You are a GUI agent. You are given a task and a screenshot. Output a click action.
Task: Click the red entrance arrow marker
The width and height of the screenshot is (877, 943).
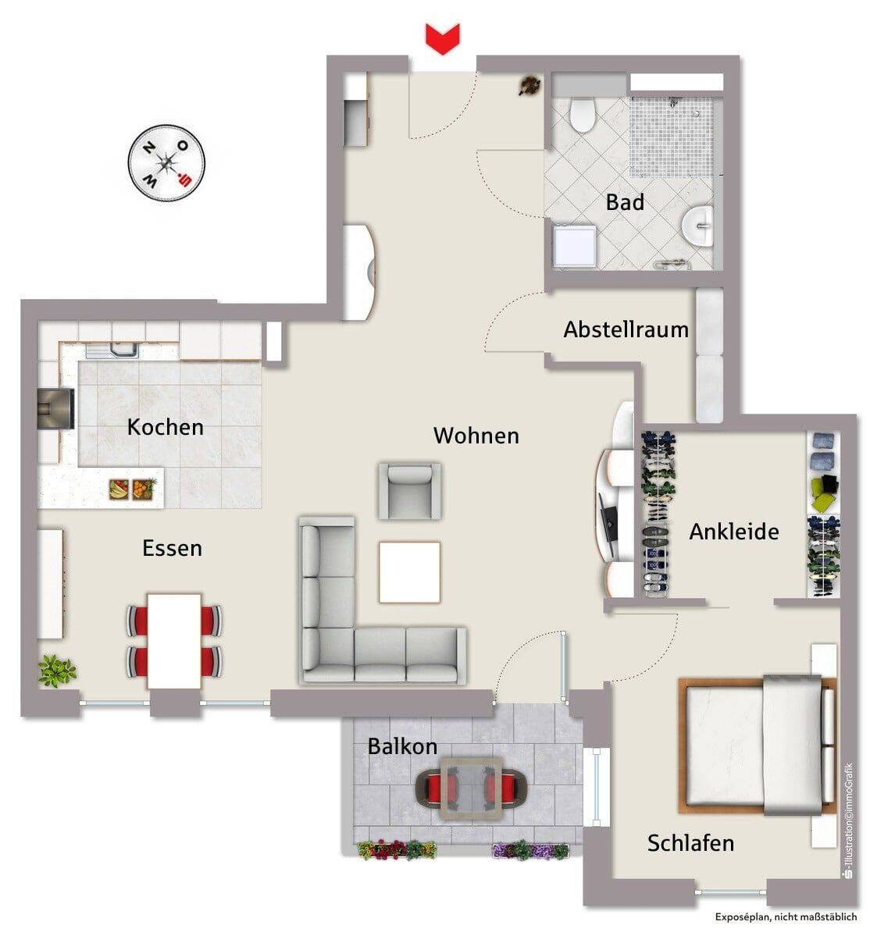(442, 38)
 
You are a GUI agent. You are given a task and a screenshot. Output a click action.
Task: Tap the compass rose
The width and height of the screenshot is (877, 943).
(167, 163)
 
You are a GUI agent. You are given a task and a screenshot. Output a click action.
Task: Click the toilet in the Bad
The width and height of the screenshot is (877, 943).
(583, 115)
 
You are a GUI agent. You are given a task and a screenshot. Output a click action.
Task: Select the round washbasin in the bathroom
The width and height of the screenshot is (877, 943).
(698, 226)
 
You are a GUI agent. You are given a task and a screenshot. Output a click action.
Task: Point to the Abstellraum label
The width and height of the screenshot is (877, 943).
(626, 329)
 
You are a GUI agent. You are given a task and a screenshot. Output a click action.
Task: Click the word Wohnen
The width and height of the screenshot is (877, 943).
(476, 436)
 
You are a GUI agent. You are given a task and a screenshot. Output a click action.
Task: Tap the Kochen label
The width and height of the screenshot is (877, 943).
(166, 427)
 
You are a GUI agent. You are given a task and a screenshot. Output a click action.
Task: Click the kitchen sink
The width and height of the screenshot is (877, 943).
(113, 351)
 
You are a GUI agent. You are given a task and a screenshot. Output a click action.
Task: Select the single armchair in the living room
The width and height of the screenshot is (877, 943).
(409, 491)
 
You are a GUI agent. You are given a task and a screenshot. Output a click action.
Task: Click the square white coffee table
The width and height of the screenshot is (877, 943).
(409, 571)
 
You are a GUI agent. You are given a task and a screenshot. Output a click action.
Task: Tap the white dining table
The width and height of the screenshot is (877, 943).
(174, 641)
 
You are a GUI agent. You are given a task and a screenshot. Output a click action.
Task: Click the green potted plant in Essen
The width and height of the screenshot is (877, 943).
(57, 671)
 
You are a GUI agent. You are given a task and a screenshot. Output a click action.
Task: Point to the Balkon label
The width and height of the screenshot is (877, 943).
(402, 747)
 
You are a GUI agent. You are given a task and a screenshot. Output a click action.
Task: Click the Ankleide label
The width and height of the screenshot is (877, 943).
(734, 532)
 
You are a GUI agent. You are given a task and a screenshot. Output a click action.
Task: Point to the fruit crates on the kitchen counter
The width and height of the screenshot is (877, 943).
(133, 489)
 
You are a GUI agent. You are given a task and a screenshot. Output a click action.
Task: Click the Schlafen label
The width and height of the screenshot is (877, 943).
(691, 843)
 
